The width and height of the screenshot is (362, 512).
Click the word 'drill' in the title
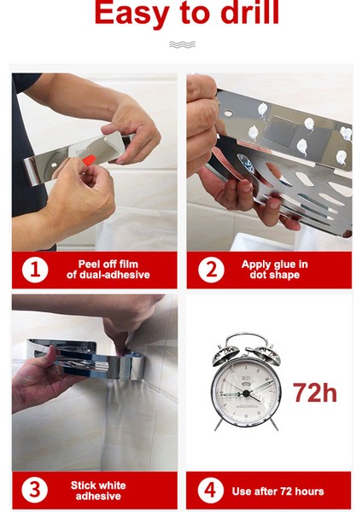(250, 13)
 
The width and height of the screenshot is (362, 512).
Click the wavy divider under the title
(183, 44)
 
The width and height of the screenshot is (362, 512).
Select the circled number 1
(35, 270)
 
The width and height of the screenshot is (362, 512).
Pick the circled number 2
(211, 270)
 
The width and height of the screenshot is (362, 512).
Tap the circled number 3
(35, 490)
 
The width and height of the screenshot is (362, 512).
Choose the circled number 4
(210, 490)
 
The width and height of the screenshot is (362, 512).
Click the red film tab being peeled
(89, 160)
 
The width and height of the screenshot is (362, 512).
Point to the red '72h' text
(315, 393)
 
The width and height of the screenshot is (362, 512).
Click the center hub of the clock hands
(246, 393)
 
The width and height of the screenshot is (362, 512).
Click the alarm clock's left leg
(219, 424)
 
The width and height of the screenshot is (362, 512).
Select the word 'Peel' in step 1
(89, 264)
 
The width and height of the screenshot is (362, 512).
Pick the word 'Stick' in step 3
(83, 486)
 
